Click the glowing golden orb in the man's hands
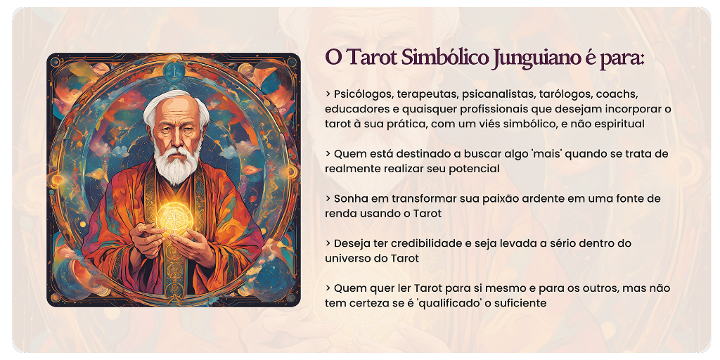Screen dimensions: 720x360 tap(173, 217)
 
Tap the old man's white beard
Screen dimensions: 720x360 tap(177, 164)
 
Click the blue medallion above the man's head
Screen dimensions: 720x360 tap(174, 72)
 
